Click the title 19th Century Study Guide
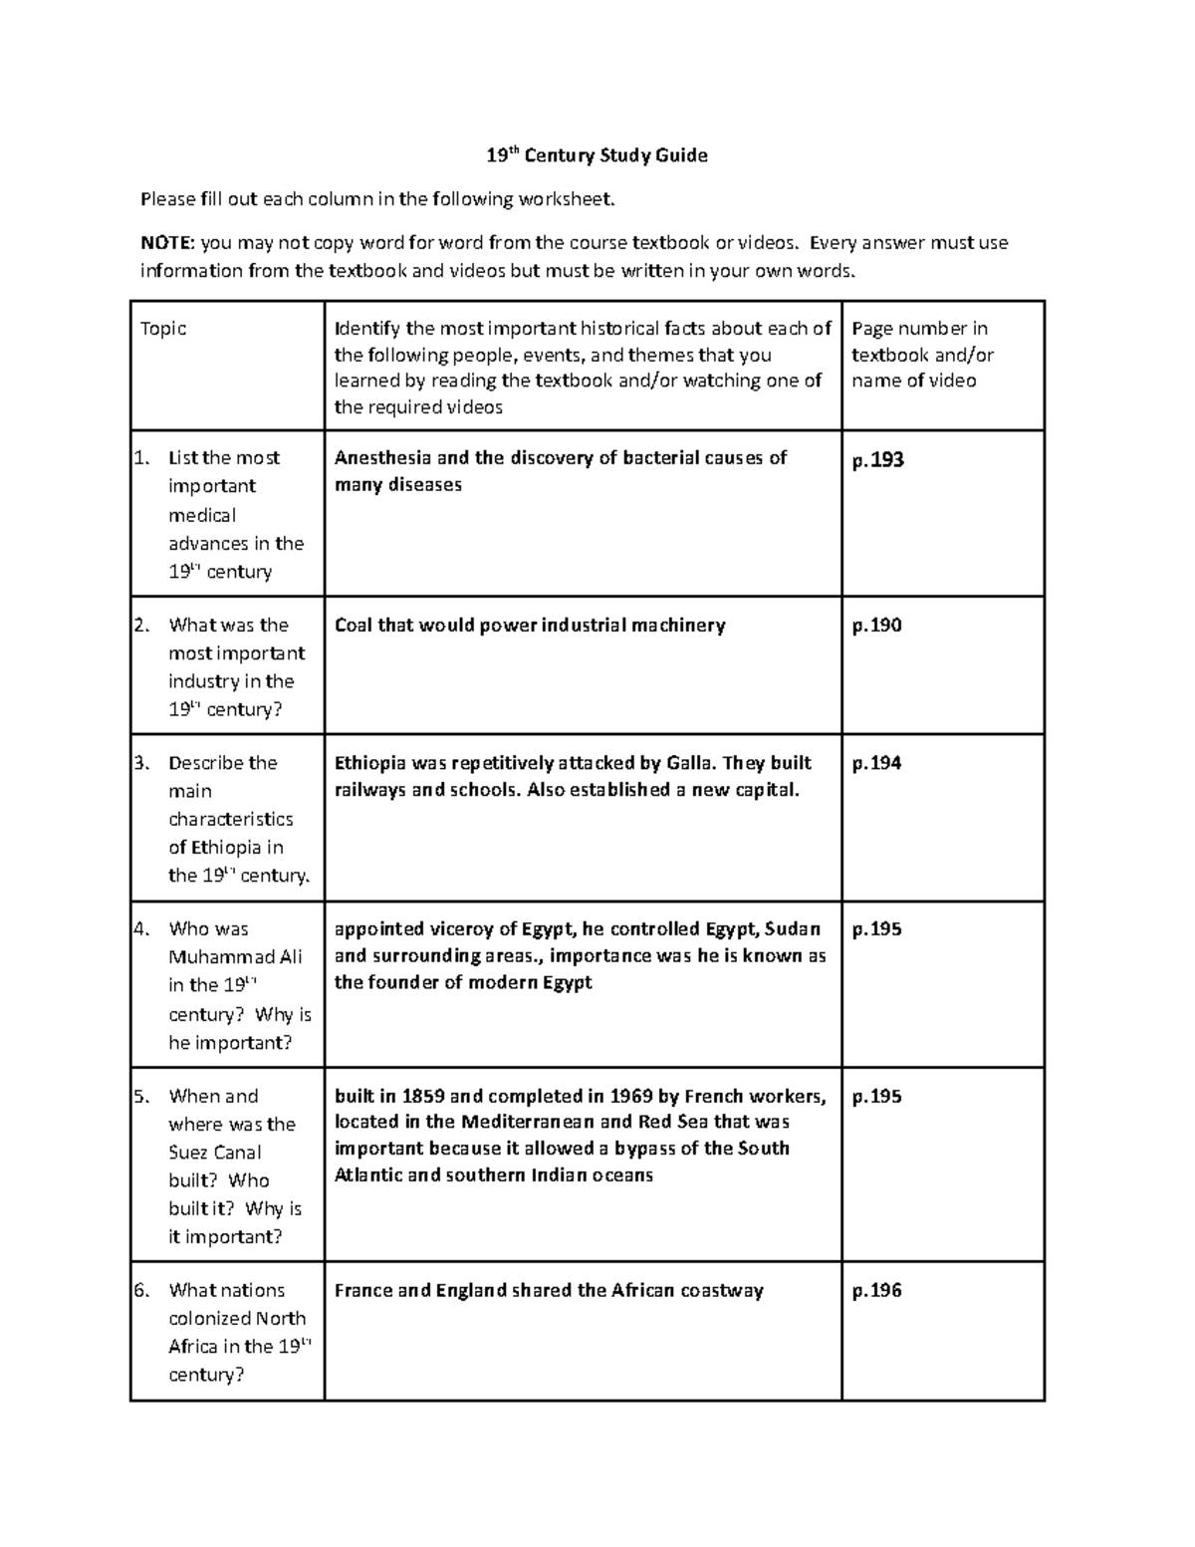pos(597,155)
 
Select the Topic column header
pos(163,329)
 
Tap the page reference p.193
pos(877,459)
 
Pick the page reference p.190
pos(876,626)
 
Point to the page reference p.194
pos(876,763)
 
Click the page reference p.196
pos(876,1291)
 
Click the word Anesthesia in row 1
pos(382,458)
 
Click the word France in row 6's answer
pos(362,1291)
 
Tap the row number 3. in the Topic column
pos(141,763)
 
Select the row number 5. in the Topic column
pos(141,1097)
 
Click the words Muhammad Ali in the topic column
pos(235,957)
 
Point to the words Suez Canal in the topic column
pos(215,1153)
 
